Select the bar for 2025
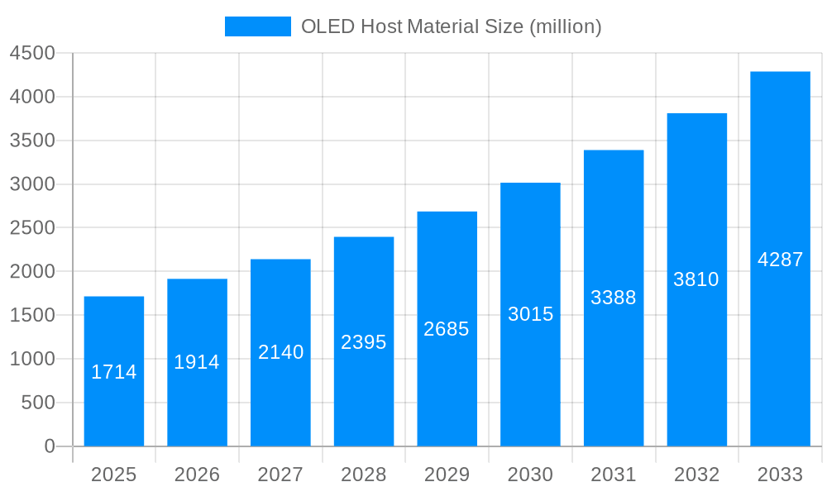click(x=114, y=371)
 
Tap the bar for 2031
click(x=614, y=298)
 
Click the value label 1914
click(x=197, y=362)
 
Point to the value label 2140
click(x=280, y=352)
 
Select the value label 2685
click(x=447, y=329)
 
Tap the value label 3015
click(x=530, y=314)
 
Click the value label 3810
click(x=696, y=279)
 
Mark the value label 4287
click(x=780, y=260)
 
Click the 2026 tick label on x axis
click(x=197, y=475)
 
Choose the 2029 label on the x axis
click(x=447, y=475)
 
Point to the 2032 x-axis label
click(x=696, y=475)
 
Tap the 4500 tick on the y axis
click(x=32, y=54)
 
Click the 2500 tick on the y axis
click(x=32, y=228)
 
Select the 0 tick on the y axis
click(x=49, y=446)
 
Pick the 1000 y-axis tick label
click(x=32, y=359)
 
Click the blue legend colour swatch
click(x=257, y=26)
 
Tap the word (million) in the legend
click(x=565, y=26)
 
